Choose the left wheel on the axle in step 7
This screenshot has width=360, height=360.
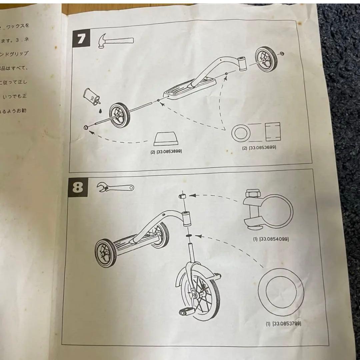click(x=119, y=114)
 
